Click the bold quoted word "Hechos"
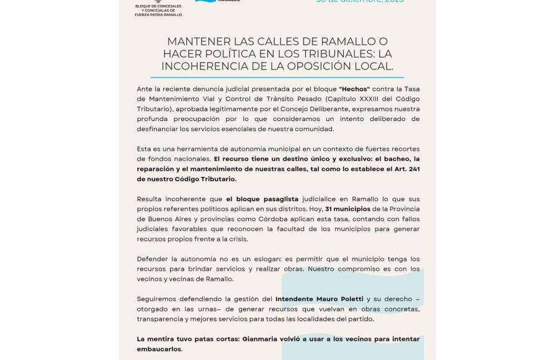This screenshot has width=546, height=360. coord(355,89)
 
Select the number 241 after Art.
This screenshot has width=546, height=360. coord(411,169)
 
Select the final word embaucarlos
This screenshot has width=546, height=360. coord(159,348)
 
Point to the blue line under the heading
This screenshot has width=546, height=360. coord(278,78)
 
